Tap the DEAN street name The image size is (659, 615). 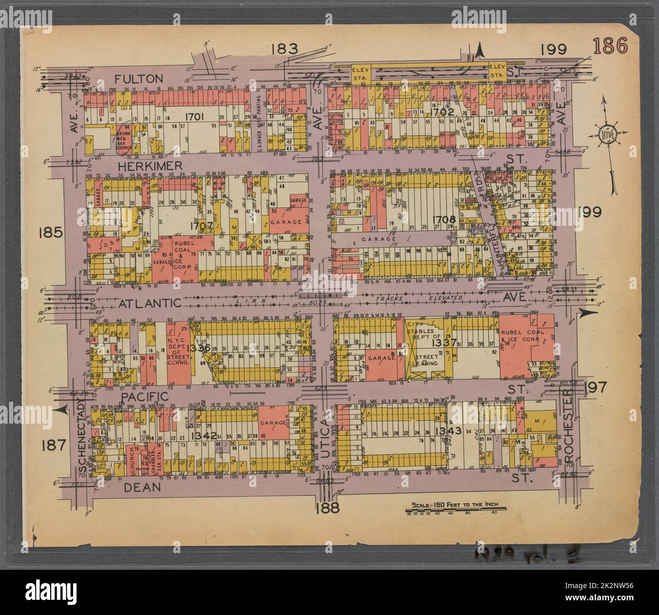pyautogui.click(x=141, y=487)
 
